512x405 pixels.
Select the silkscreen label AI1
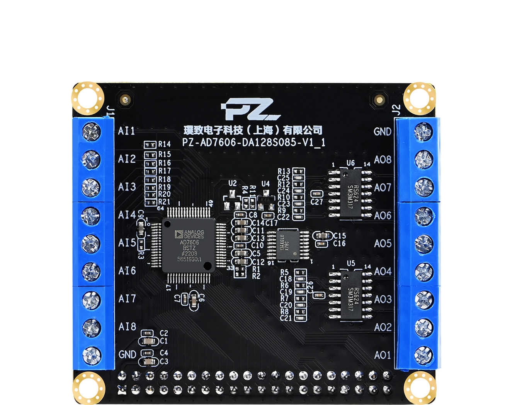[126, 131]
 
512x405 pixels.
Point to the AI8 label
[127, 326]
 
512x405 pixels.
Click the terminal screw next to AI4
[91, 215]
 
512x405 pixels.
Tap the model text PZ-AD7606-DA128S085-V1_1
[253, 142]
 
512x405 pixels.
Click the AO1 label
[383, 355]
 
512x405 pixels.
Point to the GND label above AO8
[382, 132]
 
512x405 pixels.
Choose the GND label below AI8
[127, 354]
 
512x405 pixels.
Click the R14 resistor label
[164, 144]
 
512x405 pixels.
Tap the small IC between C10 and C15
[288, 245]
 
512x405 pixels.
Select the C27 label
[316, 202]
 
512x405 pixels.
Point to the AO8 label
[383, 160]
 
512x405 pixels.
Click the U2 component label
[232, 183]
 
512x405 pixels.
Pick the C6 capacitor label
[201, 297]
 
